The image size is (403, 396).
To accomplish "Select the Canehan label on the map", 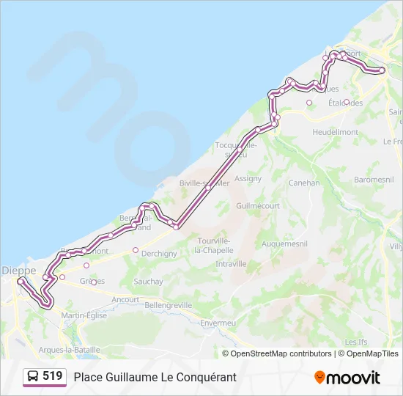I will tap(304, 183).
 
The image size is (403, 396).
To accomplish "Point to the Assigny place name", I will tap(248, 178).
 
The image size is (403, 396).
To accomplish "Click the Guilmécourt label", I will tap(258, 206).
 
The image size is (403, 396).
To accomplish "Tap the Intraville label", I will tap(231, 263).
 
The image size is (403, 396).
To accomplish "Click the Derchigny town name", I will tap(159, 254).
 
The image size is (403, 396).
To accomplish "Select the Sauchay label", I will tap(148, 282).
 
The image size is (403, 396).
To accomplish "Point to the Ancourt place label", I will tap(125, 299).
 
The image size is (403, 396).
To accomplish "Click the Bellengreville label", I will tap(169, 305).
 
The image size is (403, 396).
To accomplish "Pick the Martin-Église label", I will tap(84, 315).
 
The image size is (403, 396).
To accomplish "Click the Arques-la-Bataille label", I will tap(70, 350).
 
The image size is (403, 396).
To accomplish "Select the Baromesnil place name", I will tap(374, 178).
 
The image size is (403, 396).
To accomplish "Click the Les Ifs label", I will tap(355, 342).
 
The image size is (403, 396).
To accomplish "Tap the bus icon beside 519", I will tap(33, 377).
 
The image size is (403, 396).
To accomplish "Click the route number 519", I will tap(53, 376).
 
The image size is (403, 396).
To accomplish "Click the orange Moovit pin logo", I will tap(319, 377).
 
